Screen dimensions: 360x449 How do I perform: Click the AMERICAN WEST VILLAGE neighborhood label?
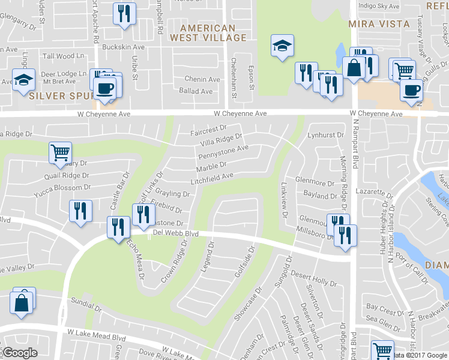pyautogui.click(x=208, y=33)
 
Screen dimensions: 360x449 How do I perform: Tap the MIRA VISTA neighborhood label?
pyautogui.click(x=379, y=25)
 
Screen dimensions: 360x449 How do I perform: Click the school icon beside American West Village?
pyautogui.click(x=281, y=46)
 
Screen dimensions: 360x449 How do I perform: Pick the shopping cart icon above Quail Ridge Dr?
pyautogui.click(x=59, y=153)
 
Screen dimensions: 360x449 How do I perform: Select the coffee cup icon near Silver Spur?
pyautogui.click(x=106, y=88)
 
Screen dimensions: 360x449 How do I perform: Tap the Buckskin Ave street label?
pyautogui.click(x=124, y=47)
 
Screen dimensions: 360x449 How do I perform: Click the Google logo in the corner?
pyautogui.click(x=20, y=353)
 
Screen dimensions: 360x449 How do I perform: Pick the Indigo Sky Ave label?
pyautogui.click(x=378, y=6)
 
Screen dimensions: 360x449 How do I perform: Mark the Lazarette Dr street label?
pyautogui.click(x=373, y=191)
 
